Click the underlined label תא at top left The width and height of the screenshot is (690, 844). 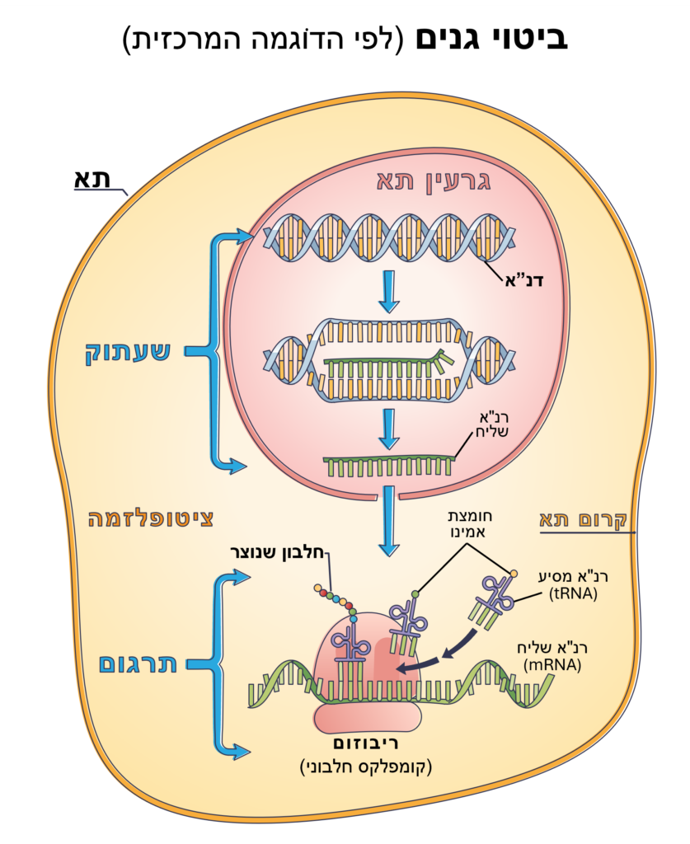93,179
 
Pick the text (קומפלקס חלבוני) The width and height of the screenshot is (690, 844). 365,767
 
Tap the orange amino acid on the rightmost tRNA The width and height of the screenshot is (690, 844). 514,573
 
